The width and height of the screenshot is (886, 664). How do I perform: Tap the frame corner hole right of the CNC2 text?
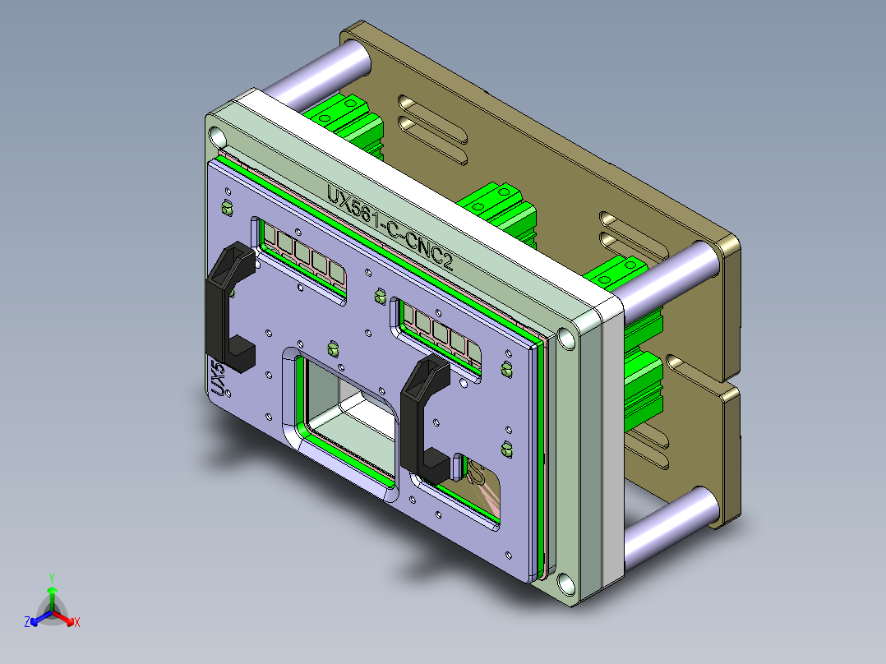click(567, 337)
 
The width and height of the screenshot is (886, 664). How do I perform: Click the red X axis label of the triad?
click(76, 623)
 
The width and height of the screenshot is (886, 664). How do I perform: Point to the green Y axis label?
click(51, 578)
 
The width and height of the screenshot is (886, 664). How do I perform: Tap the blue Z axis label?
click(27, 623)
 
